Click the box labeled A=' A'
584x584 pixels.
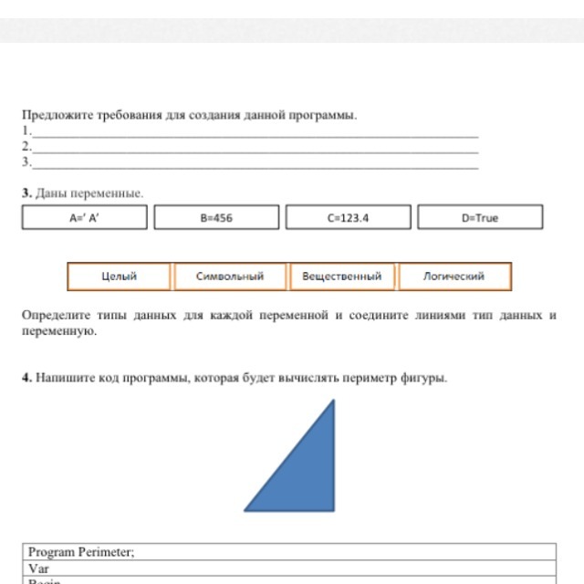coord(84,218)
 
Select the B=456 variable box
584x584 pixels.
coord(216,218)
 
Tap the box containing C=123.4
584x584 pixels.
coord(348,218)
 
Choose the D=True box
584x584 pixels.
coord(480,218)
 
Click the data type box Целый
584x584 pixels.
coord(119,276)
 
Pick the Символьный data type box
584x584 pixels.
coord(230,276)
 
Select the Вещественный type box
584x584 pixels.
coord(341,276)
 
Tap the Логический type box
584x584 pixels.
coord(454,276)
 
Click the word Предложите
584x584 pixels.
coord(53,116)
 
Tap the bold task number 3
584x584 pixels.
coord(26,193)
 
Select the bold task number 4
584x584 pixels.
coord(26,378)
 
